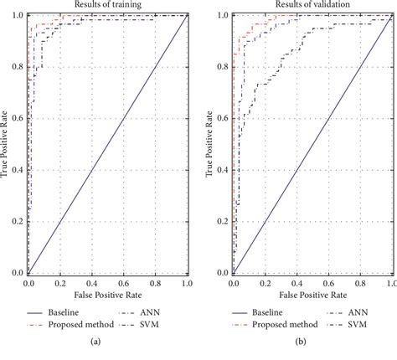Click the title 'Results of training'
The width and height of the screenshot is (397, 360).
point(107,5)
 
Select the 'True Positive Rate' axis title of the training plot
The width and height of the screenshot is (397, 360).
point(6,144)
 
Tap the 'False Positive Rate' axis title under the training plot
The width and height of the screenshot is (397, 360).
point(107,296)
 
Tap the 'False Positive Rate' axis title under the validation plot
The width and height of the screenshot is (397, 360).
point(312,296)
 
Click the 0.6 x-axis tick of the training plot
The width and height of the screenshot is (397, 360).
point(123,285)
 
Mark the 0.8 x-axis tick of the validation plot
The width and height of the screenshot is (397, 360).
point(360,285)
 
